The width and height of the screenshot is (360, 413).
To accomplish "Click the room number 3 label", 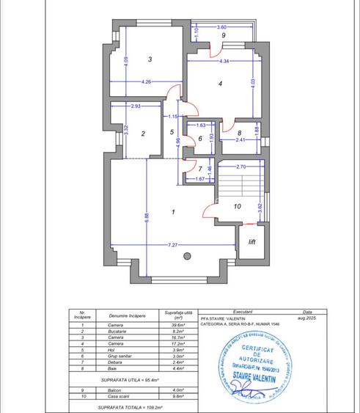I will (x=150, y=59).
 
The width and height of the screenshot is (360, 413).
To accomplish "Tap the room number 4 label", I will (x=220, y=84).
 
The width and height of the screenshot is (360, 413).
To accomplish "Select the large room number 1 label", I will (x=172, y=212).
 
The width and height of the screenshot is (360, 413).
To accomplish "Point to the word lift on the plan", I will (x=251, y=241).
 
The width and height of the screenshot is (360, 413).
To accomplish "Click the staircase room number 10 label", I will (x=237, y=207).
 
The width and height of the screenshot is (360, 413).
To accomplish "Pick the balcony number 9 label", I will (x=223, y=35).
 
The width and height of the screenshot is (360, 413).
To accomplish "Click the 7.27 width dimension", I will (x=172, y=244).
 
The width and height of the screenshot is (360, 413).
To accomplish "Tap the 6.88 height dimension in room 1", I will (x=147, y=219).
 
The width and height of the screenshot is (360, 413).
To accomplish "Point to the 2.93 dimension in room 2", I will (x=136, y=107).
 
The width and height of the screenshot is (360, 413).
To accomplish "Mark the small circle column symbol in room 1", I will (x=187, y=256).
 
